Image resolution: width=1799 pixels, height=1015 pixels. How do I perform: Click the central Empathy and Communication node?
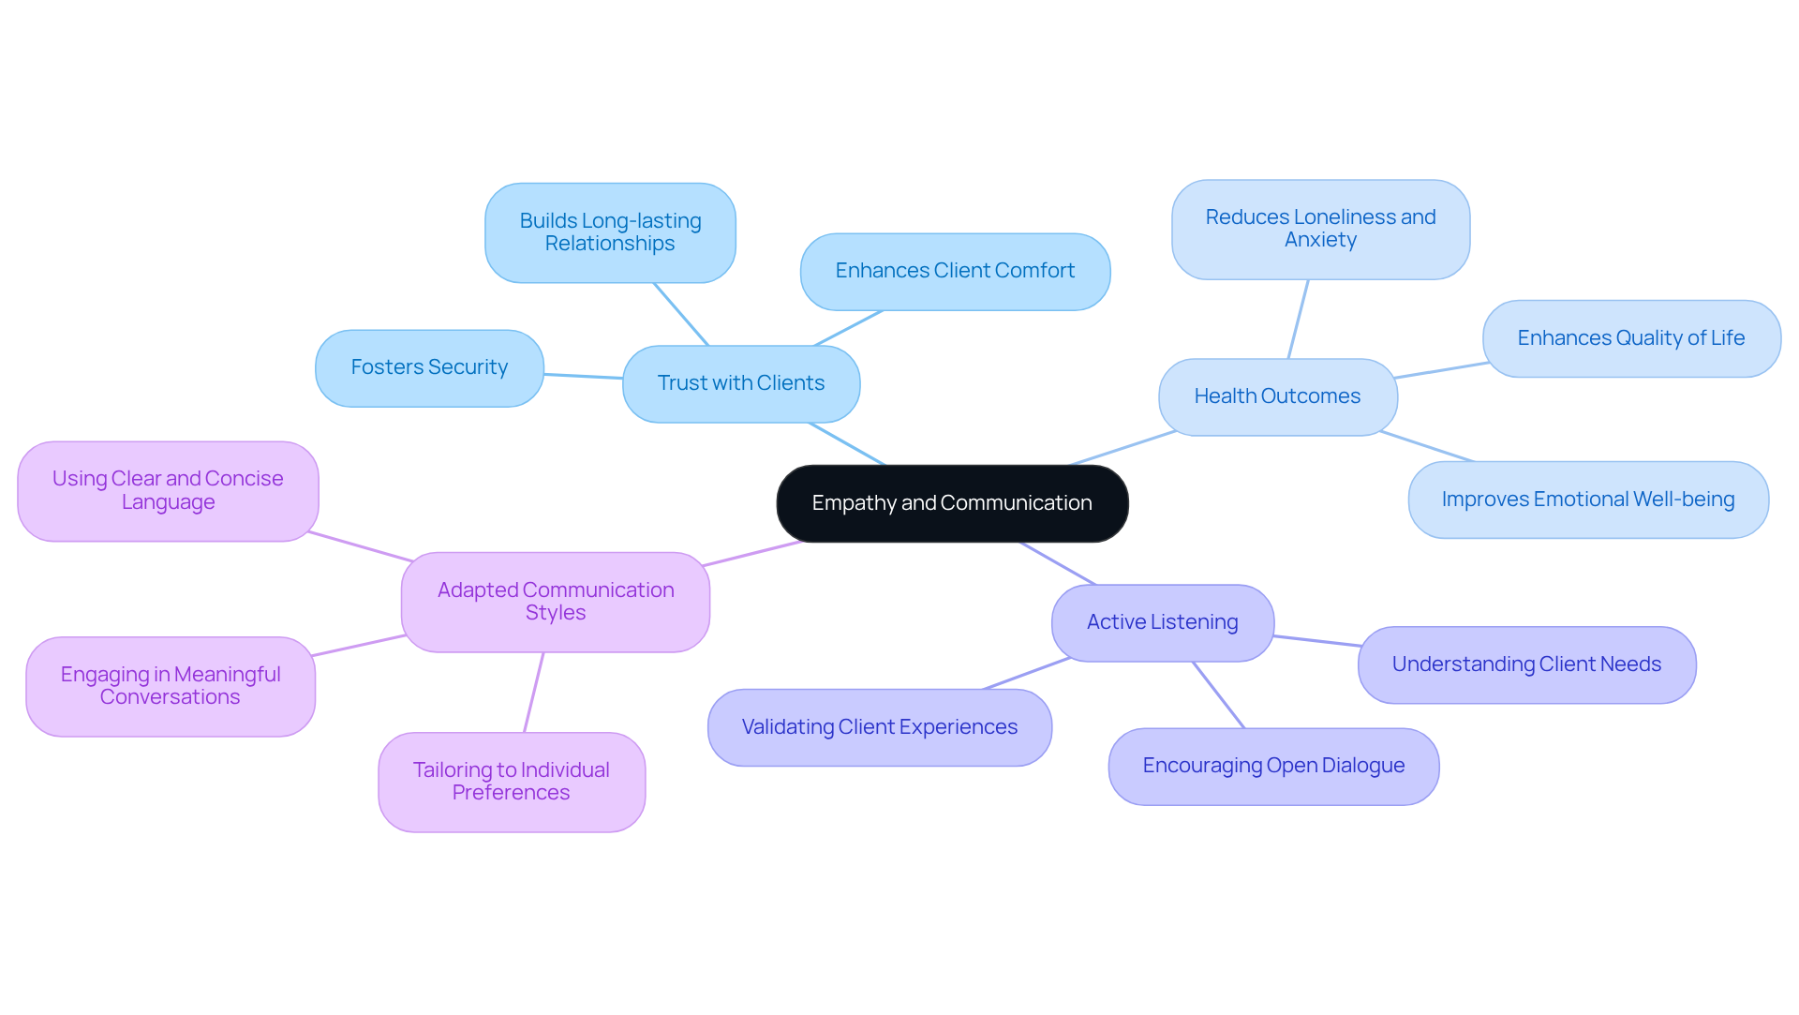(x=952, y=503)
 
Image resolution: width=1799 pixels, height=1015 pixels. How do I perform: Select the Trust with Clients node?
(x=741, y=383)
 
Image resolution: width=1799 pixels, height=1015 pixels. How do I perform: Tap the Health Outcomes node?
(x=1277, y=396)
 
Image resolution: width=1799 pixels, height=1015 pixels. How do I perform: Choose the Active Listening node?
(x=1162, y=622)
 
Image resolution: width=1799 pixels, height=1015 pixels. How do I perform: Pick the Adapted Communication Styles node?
(x=556, y=602)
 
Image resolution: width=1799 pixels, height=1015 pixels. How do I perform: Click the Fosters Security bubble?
(x=429, y=367)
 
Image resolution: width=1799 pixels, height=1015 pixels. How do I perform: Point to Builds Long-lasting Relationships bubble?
(x=610, y=232)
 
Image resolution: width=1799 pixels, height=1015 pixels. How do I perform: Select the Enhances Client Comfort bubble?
(x=955, y=271)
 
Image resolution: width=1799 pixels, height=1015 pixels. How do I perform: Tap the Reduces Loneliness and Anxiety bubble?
(x=1320, y=229)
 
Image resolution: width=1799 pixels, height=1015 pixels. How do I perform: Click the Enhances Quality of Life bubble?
(x=1630, y=338)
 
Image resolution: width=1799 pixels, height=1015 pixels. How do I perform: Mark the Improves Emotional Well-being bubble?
(x=1588, y=500)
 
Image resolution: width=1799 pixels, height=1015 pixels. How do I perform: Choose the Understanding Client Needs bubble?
(x=1526, y=664)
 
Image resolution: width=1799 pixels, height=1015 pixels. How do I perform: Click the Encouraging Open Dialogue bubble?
(x=1273, y=766)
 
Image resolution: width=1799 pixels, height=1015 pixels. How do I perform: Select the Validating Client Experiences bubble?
(x=879, y=727)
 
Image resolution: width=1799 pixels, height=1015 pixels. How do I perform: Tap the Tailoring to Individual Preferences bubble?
(x=512, y=782)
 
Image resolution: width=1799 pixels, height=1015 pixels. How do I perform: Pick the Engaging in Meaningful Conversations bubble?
(x=171, y=686)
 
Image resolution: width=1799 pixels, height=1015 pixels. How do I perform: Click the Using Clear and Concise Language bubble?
(x=168, y=491)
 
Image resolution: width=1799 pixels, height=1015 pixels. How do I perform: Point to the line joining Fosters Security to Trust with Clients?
(x=583, y=377)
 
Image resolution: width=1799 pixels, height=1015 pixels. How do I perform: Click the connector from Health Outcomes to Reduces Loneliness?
(x=1299, y=319)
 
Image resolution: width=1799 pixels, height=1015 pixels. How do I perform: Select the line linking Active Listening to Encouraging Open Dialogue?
(x=1218, y=694)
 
